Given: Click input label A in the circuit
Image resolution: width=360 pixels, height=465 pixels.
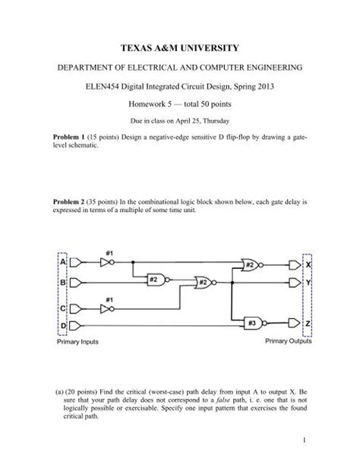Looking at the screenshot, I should click(64, 261).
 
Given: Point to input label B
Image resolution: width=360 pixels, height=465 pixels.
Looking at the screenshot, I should click(64, 282).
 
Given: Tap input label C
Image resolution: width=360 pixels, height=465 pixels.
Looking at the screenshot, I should click(64, 308).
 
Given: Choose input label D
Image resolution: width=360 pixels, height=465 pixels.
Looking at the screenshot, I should click(64, 325).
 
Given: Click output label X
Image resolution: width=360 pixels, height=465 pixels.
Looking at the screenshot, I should click(308, 264).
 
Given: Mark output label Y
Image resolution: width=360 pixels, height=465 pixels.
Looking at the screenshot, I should click(308, 282).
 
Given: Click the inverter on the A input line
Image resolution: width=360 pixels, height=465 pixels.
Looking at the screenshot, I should click(111, 261).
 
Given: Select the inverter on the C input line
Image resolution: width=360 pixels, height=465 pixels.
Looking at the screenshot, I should click(111, 308).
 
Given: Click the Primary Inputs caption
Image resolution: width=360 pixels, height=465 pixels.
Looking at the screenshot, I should click(79, 343).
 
